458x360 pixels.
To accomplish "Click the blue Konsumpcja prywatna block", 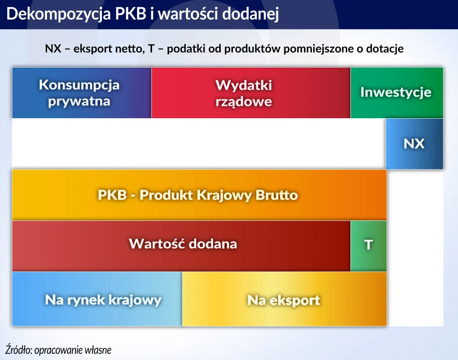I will [82, 93].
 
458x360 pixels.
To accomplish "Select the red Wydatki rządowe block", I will [251, 93].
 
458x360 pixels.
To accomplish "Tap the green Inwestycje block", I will [396, 92].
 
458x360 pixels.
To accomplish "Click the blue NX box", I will [414, 144].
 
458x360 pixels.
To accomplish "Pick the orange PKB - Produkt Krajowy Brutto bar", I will [199, 195].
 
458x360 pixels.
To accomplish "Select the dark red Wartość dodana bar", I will [181, 245].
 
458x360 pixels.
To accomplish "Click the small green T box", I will [368, 245].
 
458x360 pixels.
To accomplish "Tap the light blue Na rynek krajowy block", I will [97, 299].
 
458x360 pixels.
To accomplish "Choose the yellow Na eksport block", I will [284, 299].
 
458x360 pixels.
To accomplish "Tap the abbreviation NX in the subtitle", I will [53, 49].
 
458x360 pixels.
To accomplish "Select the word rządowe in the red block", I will [244, 101].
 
